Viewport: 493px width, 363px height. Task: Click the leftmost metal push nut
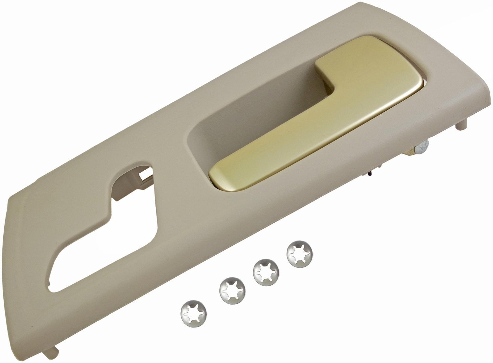193,312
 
